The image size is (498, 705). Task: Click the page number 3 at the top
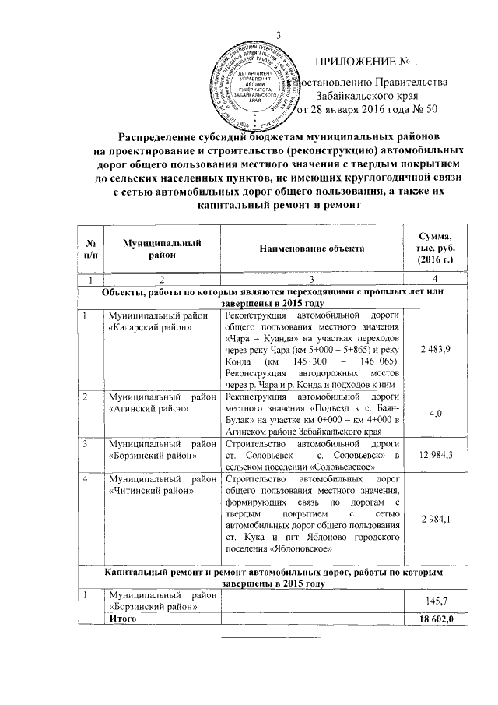coord(278,33)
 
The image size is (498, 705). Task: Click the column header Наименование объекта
coord(313,247)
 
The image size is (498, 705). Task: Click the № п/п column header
coord(91,247)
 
